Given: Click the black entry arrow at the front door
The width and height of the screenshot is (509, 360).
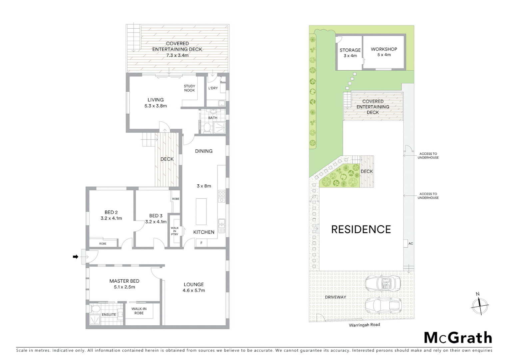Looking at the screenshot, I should pos(76,257).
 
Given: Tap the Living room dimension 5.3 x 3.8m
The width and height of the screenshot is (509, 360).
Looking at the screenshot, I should pos(156,106).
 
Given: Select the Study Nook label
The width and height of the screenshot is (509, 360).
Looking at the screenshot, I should pos(190,88).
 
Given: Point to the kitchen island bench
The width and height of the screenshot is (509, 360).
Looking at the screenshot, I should pos(201,212).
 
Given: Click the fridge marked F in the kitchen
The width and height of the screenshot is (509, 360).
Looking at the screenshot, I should pos(201,243).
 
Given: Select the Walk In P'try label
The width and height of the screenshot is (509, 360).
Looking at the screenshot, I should pos(175,231).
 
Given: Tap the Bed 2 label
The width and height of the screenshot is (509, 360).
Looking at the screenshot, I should pos(111,212).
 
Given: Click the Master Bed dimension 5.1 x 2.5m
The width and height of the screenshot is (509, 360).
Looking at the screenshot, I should pos(124,287).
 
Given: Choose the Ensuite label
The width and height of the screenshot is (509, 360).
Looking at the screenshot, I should pos(109,315).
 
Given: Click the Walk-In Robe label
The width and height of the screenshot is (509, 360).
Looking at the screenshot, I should pos(139,311).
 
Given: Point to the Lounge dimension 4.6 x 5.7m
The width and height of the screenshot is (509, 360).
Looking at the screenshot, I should pos(194,290).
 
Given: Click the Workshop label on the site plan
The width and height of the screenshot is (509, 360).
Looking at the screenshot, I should pos(384,49).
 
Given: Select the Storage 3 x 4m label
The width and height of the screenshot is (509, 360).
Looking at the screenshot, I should pos(350,53).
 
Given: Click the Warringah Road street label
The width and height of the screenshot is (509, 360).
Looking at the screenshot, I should pos(364,325).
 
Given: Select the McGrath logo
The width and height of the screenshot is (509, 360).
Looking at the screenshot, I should pos(458,338).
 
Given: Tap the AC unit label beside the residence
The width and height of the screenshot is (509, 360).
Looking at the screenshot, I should pos(410,244).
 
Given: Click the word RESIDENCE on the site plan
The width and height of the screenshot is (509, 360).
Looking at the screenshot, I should pos(361,229).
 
